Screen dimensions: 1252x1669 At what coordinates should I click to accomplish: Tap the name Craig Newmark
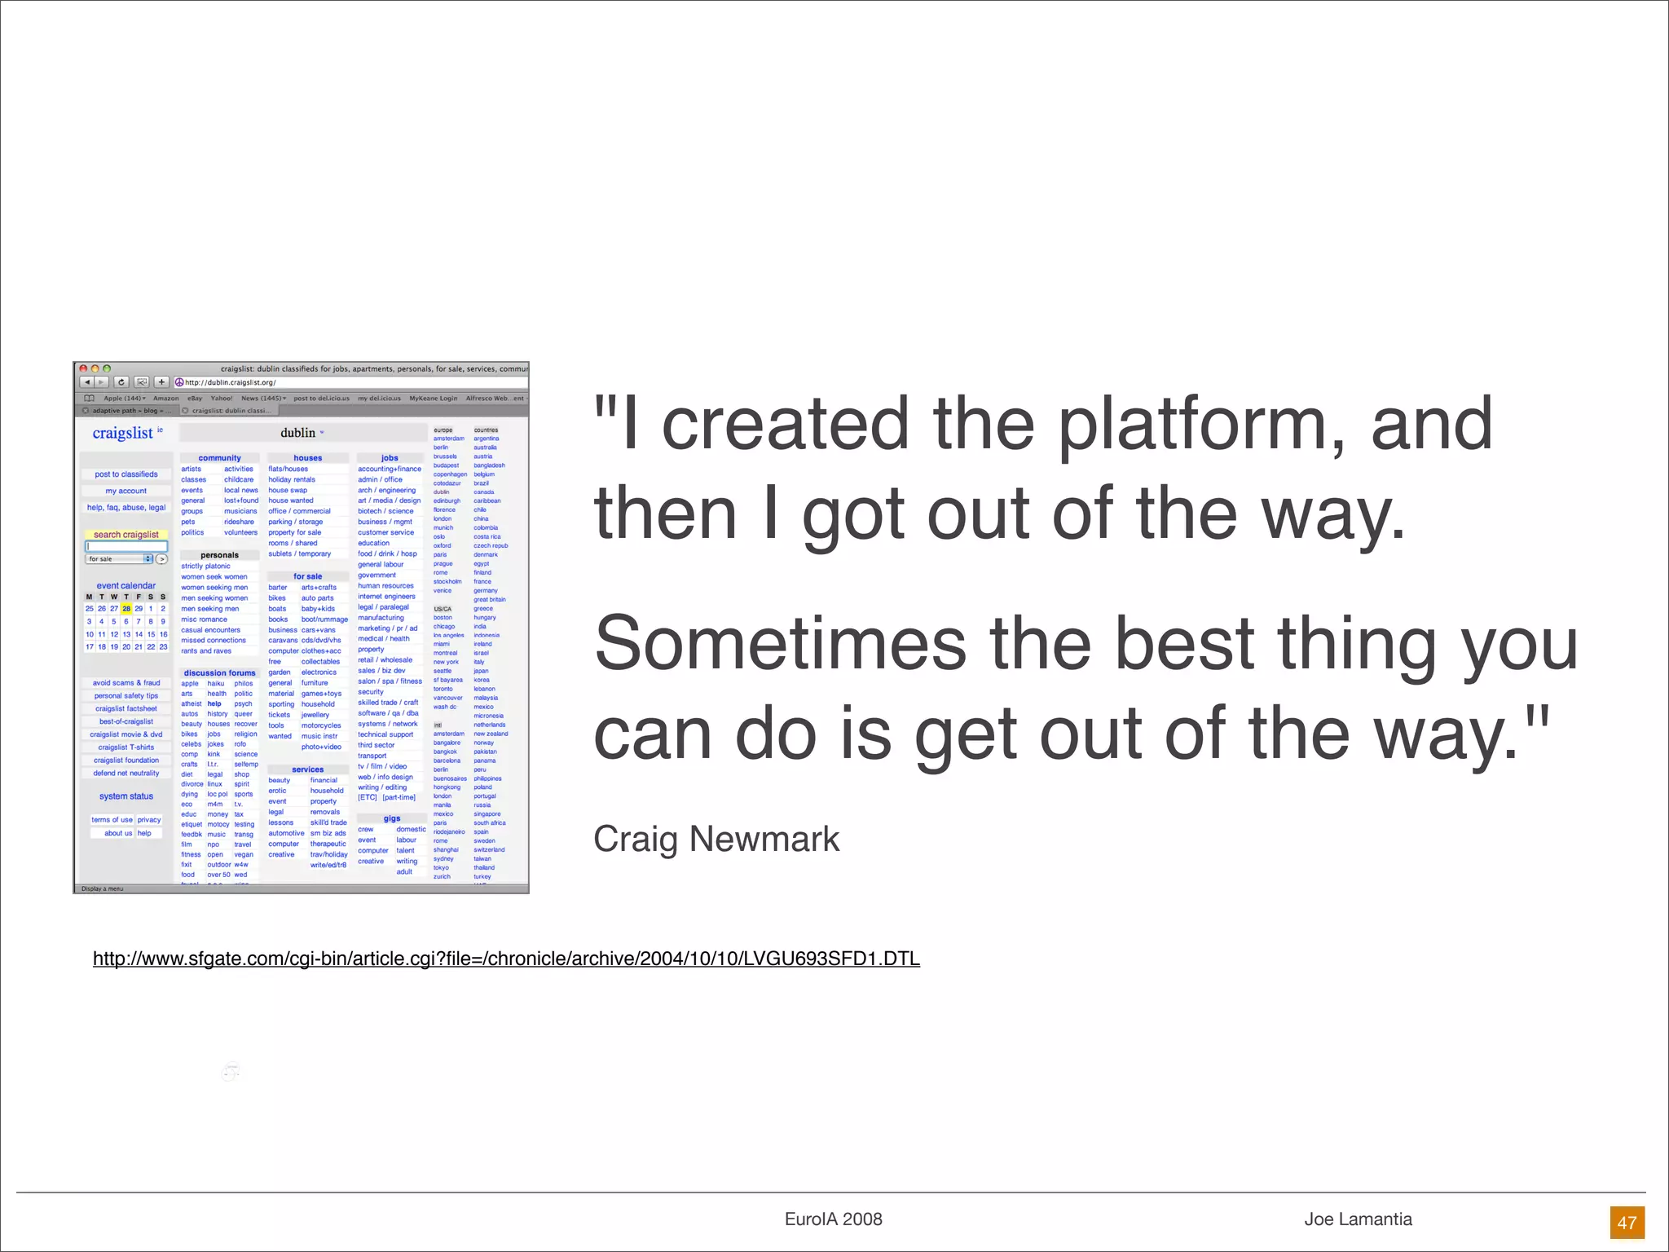pyautogui.click(x=716, y=839)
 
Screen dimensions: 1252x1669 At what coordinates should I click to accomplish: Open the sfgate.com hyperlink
pyautogui.click(x=506, y=959)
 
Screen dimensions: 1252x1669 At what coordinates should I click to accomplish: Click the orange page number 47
pyautogui.click(x=1627, y=1222)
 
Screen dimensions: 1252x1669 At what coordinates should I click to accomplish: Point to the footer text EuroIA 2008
pyautogui.click(x=833, y=1219)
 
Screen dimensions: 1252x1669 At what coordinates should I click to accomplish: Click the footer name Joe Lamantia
pyautogui.click(x=1358, y=1219)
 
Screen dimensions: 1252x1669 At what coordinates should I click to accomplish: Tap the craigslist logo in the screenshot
pyautogui.click(x=123, y=433)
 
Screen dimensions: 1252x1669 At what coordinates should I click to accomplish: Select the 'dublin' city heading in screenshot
pyautogui.click(x=298, y=433)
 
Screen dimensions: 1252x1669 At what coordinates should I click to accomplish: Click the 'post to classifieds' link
pyautogui.click(x=126, y=474)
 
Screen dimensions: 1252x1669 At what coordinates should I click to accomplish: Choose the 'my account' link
pyautogui.click(x=126, y=491)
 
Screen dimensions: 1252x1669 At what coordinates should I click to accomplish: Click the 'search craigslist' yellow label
pyautogui.click(x=126, y=535)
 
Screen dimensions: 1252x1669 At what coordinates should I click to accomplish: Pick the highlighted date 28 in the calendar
pyautogui.click(x=126, y=609)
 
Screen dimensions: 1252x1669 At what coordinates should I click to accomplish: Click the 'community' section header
pyautogui.click(x=219, y=458)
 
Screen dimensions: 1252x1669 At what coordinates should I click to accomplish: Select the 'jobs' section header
pyautogui.click(x=390, y=458)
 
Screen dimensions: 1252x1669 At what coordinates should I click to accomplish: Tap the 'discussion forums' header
pyautogui.click(x=219, y=673)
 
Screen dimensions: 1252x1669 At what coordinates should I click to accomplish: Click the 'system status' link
pyautogui.click(x=126, y=796)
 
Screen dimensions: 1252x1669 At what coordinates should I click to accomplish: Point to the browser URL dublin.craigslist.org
pyautogui.click(x=231, y=382)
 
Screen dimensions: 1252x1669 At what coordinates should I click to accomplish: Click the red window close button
pyautogui.click(x=83, y=368)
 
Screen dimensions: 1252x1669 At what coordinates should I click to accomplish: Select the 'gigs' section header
pyautogui.click(x=392, y=818)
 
